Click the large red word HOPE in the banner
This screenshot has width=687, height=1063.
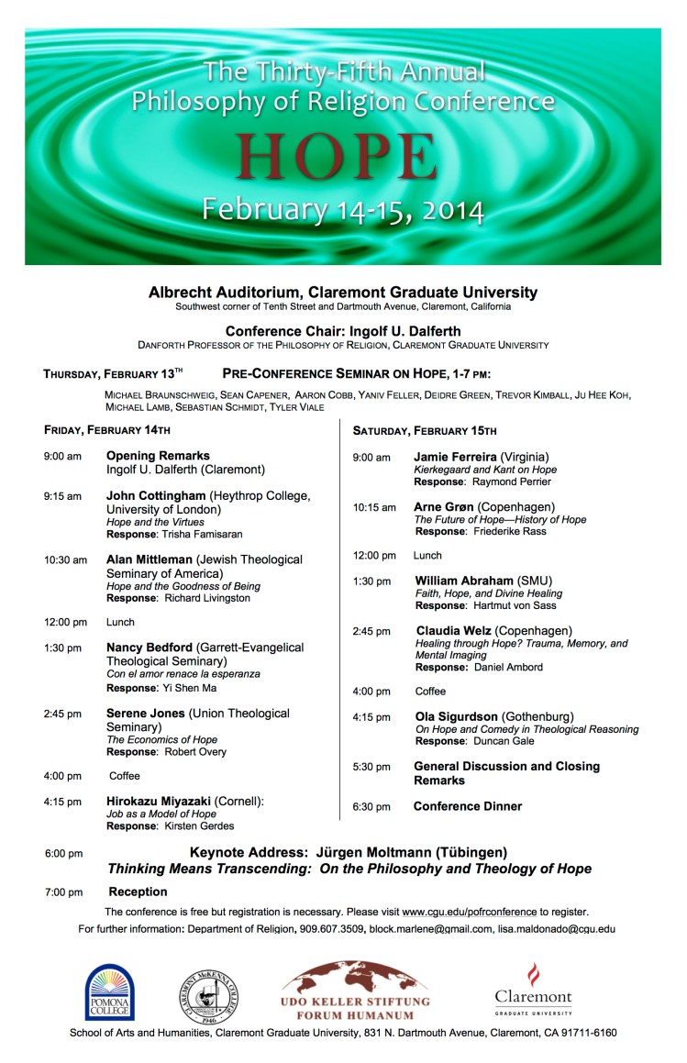click(334, 157)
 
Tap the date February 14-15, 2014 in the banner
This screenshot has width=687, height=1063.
click(342, 210)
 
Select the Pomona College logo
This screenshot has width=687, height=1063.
click(110, 991)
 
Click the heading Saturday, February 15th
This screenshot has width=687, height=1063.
click(425, 430)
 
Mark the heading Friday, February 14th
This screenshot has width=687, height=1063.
click(106, 429)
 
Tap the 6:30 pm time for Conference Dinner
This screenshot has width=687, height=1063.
click(371, 806)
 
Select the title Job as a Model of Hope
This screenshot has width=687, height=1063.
click(162, 814)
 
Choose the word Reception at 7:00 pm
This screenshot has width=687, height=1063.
click(138, 891)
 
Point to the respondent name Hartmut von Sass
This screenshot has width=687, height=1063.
click(515, 605)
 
